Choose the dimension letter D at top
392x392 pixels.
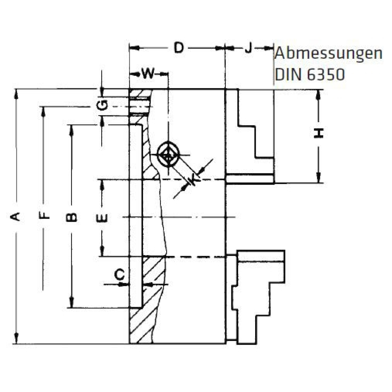point(178,48)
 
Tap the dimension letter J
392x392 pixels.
point(249,48)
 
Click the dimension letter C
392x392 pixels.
point(120,274)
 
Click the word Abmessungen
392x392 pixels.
point(329,54)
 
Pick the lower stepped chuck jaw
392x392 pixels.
point(258,294)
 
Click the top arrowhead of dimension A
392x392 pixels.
point(16,92)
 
